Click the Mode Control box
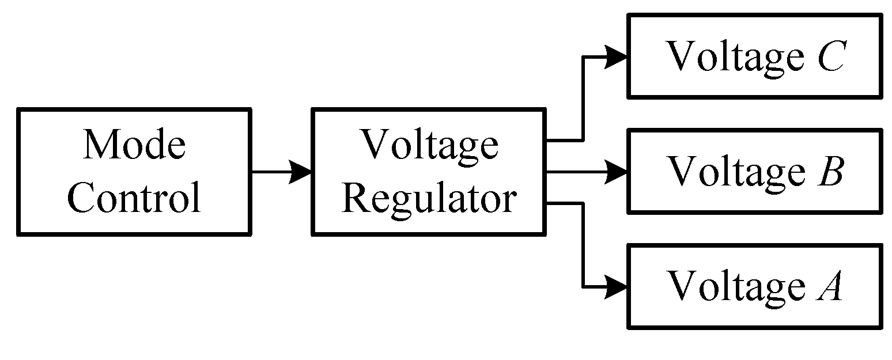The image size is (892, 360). pos(134,171)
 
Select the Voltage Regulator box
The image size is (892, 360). pos(429,171)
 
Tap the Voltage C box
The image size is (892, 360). pos(754,56)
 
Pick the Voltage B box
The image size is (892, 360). pos(754,171)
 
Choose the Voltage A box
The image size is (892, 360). pos(754,286)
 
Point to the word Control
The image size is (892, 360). pos(134,198)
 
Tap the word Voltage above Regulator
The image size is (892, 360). pos(429,145)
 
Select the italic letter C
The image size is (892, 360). pos(830,56)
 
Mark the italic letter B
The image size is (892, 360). pos(830,171)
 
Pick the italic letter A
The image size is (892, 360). pos(829,286)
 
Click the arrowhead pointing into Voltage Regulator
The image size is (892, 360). pos(301,171)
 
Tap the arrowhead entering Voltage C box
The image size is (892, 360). pos(617,56)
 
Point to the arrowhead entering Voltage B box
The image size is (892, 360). pos(617,172)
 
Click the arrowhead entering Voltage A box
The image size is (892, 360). pos(617,286)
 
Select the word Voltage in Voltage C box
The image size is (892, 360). pos(735,58)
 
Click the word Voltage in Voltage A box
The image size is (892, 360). pos(735,287)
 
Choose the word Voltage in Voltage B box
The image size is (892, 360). pos(735,172)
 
